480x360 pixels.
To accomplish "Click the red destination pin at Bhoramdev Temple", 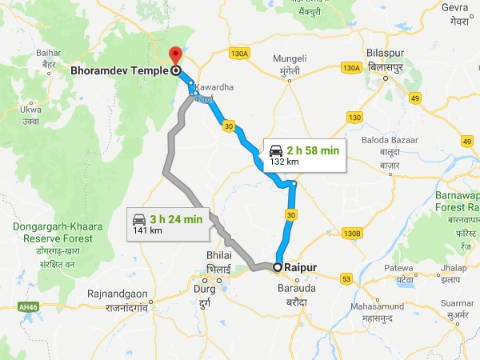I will [175, 55].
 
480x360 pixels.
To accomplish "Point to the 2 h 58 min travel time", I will [314, 150].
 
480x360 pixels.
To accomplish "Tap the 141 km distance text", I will [147, 230].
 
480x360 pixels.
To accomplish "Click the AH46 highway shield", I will [28, 306].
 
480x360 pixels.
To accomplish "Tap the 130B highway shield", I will [352, 233].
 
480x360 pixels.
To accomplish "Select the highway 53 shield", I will [346, 279].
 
